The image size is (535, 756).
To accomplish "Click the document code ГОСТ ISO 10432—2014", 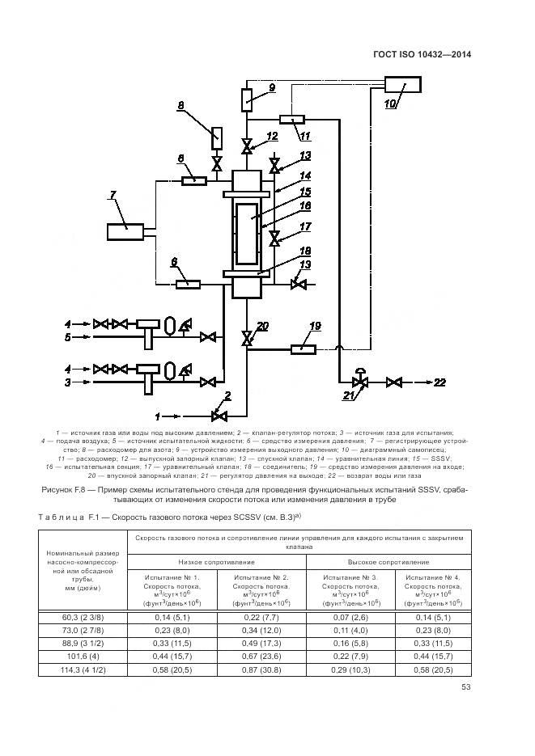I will tap(422, 55).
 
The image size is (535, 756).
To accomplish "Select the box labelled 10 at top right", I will tap(402, 84).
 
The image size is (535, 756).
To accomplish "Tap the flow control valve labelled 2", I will tap(217, 416).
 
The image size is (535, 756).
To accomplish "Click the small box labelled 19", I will tap(304, 348).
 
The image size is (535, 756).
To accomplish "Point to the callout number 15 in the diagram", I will tap(282, 192).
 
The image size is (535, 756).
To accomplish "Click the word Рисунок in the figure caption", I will tap(57, 489).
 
